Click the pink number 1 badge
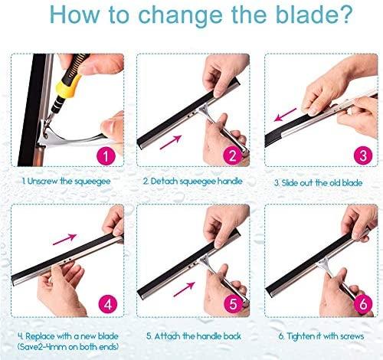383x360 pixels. click(x=106, y=155)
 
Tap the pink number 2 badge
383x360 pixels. click(x=232, y=155)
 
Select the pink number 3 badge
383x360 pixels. click(x=363, y=155)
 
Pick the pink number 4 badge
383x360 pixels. click(x=108, y=304)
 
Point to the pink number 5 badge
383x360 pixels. click(x=233, y=304)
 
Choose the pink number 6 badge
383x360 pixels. click(x=363, y=304)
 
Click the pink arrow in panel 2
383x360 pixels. click(x=171, y=142)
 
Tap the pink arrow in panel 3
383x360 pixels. click(x=285, y=115)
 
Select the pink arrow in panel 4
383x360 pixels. click(x=64, y=239)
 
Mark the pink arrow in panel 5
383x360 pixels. click(x=184, y=290)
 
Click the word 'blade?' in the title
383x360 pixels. click(x=314, y=15)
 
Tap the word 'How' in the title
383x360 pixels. click(x=74, y=15)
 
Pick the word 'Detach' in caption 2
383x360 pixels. click(x=164, y=181)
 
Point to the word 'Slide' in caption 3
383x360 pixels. click(x=290, y=183)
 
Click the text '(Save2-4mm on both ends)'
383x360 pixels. click(x=68, y=347)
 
